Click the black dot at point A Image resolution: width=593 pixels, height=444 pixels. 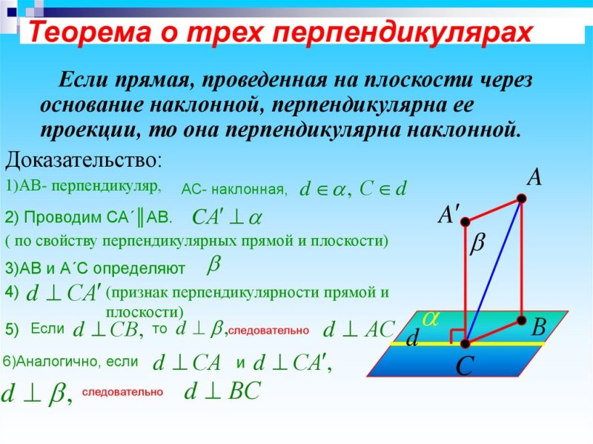click(x=522, y=199)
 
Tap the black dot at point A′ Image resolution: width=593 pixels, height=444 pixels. click(x=465, y=220)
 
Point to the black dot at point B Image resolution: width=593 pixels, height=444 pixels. click(x=522, y=320)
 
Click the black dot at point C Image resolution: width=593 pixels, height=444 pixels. click(x=466, y=343)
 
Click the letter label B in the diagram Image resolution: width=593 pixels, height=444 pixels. click(x=539, y=327)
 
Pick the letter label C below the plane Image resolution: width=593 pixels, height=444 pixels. click(x=464, y=365)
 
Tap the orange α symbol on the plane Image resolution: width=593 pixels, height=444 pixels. click(x=431, y=317)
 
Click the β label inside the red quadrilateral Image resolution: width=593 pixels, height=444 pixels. click(x=477, y=244)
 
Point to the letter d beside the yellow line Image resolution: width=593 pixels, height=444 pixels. click(x=412, y=338)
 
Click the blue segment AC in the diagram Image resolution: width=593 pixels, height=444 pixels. click(x=494, y=271)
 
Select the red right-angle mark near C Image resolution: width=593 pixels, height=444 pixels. click(x=459, y=334)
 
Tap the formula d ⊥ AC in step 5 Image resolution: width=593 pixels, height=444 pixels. click(x=358, y=329)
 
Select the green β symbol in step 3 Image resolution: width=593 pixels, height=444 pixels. click(x=213, y=263)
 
